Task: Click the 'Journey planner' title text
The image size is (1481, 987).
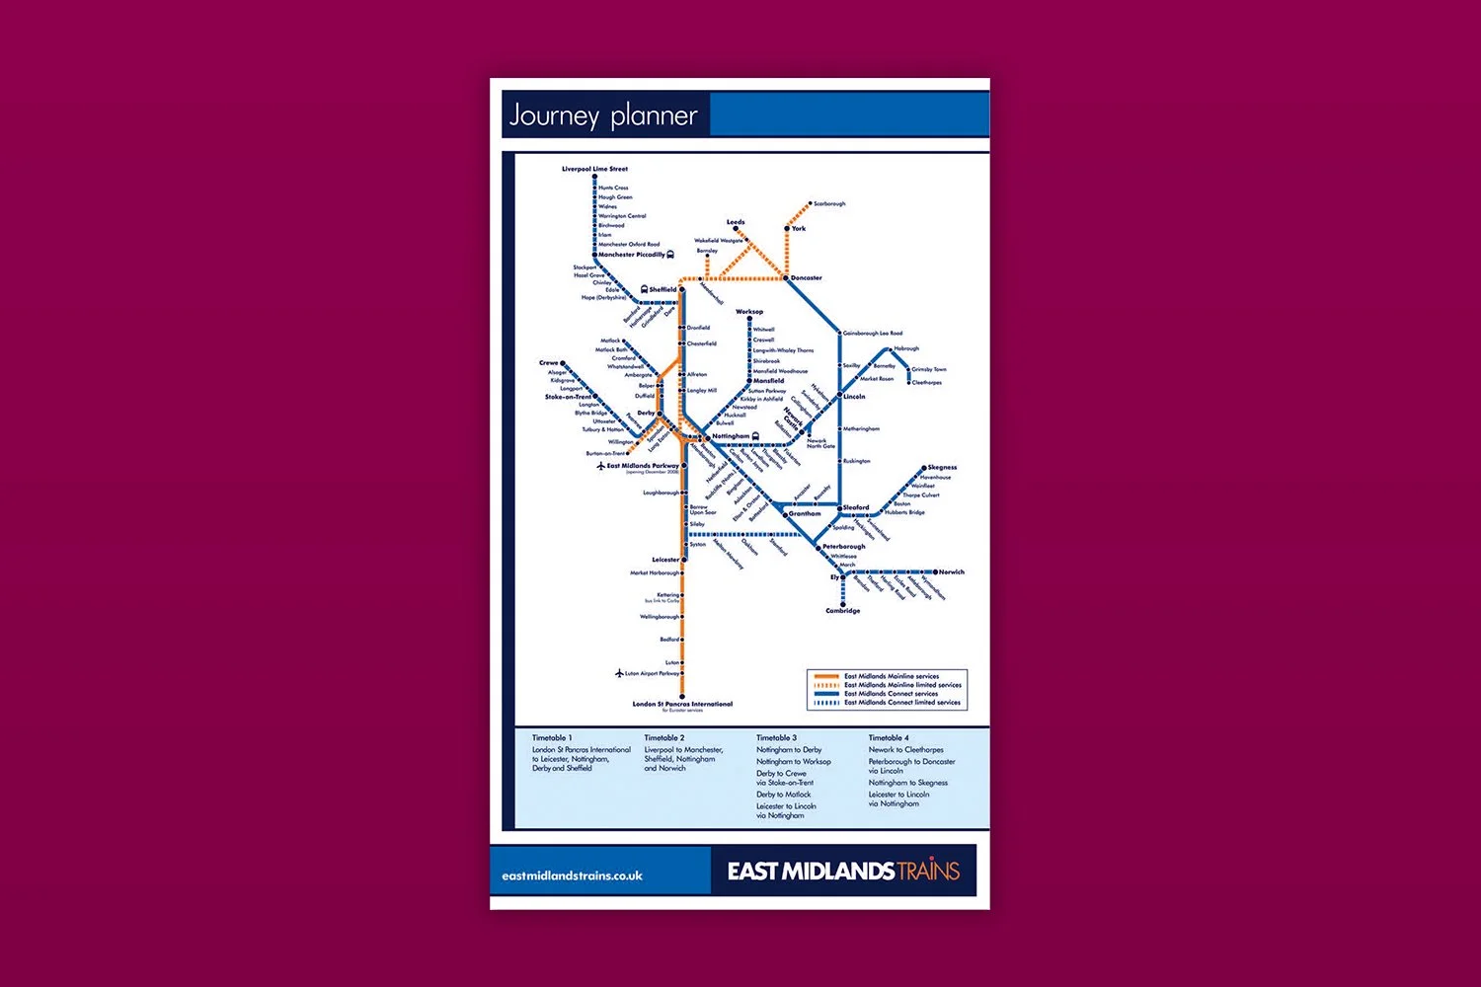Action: pyautogui.click(x=603, y=116)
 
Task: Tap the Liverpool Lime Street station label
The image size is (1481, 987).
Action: pyautogui.click(x=594, y=169)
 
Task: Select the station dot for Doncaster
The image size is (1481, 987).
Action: pyautogui.click(x=787, y=278)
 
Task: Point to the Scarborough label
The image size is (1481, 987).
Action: pyautogui.click(x=829, y=204)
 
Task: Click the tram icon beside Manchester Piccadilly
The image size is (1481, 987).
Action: pyautogui.click(x=670, y=255)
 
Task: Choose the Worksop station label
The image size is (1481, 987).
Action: pyautogui.click(x=749, y=312)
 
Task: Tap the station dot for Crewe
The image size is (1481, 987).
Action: pyautogui.click(x=564, y=363)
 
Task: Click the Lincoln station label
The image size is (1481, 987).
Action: pyautogui.click(x=854, y=397)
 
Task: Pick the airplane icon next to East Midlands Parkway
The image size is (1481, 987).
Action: pyautogui.click(x=600, y=466)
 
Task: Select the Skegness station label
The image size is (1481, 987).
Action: pyautogui.click(x=942, y=468)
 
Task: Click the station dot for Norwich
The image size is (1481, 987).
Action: pyautogui.click(x=935, y=571)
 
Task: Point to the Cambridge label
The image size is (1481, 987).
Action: pyautogui.click(x=842, y=611)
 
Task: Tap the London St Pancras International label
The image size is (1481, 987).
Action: pyautogui.click(x=682, y=704)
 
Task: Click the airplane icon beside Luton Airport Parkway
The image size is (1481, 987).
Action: pyautogui.click(x=619, y=673)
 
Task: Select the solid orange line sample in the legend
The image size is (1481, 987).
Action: pyautogui.click(x=825, y=676)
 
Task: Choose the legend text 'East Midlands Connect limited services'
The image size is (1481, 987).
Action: pyautogui.click(x=901, y=703)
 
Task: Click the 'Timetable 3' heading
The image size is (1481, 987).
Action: pyautogui.click(x=776, y=738)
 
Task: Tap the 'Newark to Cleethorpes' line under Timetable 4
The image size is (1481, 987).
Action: pyautogui.click(x=905, y=750)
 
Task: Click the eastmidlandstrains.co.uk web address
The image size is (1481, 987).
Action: pyautogui.click(x=572, y=875)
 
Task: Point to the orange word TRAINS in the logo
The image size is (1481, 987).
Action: pyautogui.click(x=927, y=871)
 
